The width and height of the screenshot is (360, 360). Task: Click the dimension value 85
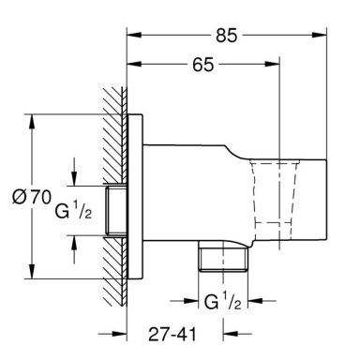pos(227,36)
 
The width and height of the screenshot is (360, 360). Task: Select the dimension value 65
pos(203,65)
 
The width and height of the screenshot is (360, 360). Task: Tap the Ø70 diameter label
pos(32,197)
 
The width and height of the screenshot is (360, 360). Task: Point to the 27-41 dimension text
pos(172,335)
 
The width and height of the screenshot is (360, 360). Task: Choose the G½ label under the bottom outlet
pos(223,302)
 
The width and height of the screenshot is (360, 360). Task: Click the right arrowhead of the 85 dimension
pos(320,35)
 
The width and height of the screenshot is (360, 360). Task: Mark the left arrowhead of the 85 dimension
pos(134,35)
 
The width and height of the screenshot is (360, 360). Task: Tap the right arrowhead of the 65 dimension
pos(272,64)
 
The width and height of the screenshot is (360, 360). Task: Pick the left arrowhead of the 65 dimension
pos(134,64)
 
